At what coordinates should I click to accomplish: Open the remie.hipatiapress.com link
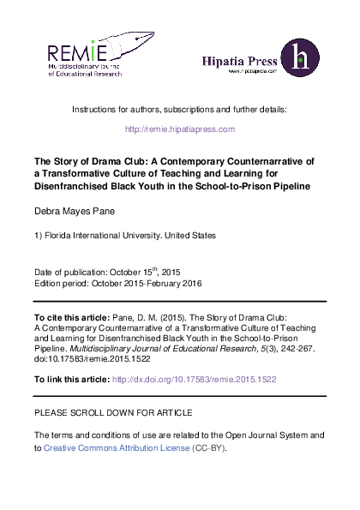tap(180, 129)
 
